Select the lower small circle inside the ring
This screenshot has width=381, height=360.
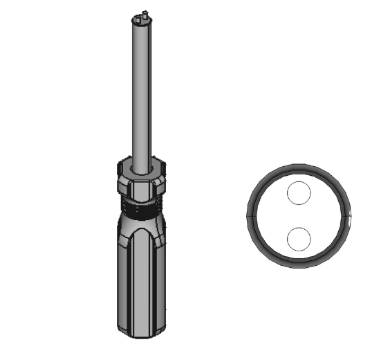coord(299,239)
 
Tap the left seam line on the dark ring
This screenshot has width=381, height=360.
coord(250,215)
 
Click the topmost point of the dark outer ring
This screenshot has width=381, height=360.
coord(299,165)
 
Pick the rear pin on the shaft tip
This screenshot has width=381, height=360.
coord(143,12)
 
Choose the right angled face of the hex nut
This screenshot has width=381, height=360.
coord(158,183)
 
